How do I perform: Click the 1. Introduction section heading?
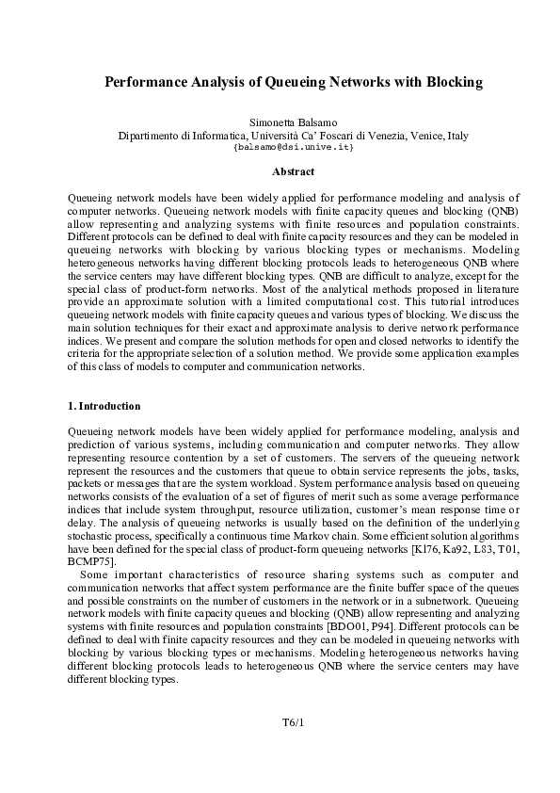click(x=104, y=407)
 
